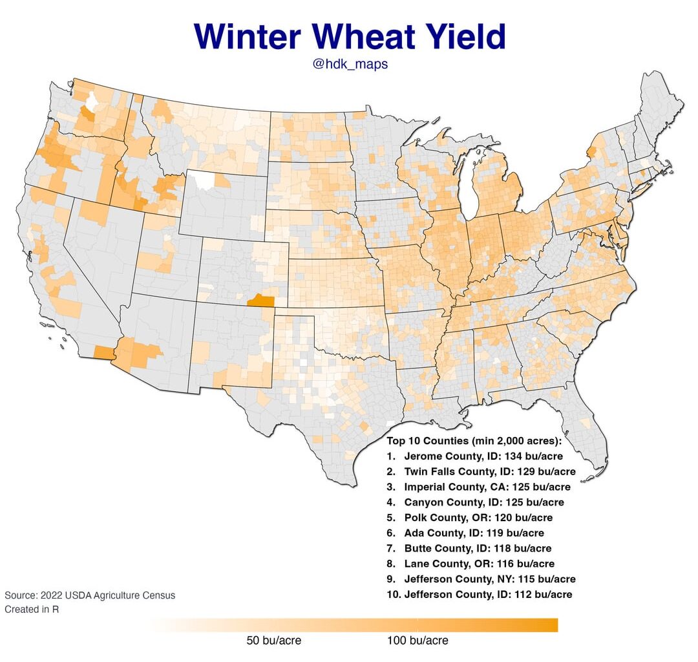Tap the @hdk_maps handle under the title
[x=350, y=65]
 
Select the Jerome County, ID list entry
[x=475, y=456]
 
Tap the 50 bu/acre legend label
[x=273, y=641]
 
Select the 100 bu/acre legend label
[x=418, y=641]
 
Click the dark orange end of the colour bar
[x=549, y=625]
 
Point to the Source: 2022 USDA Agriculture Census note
[x=90, y=595]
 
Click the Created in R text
[x=32, y=609]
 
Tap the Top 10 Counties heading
[x=474, y=441]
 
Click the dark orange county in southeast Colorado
[x=260, y=299]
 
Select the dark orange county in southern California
[x=103, y=352]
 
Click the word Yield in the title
[x=460, y=37]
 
